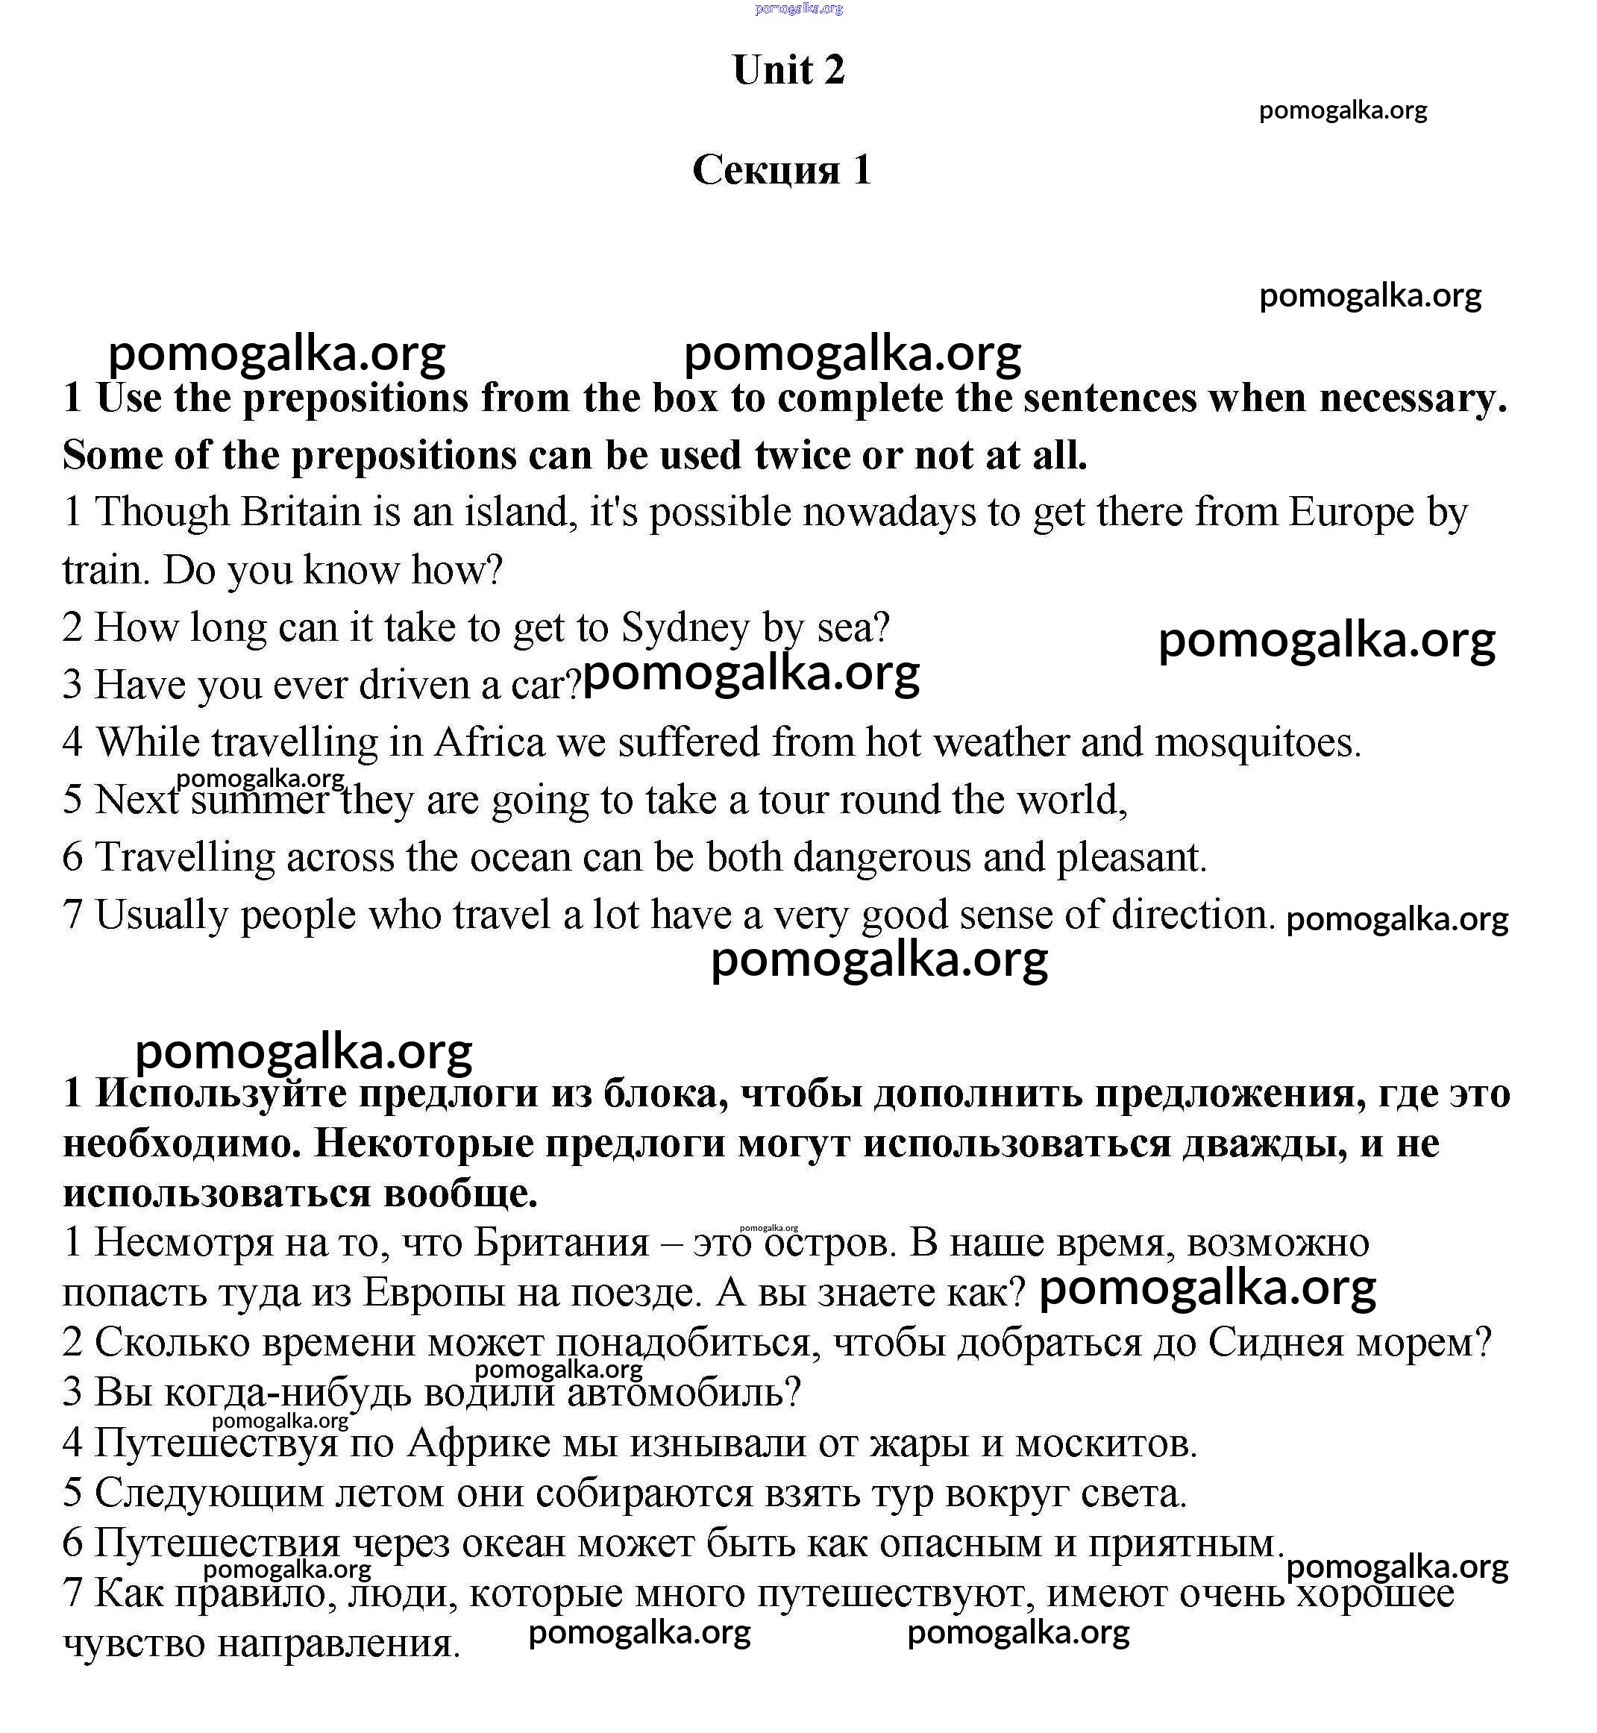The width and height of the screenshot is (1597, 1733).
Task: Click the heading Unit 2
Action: pos(788,70)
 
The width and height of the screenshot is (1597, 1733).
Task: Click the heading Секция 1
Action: pos(781,169)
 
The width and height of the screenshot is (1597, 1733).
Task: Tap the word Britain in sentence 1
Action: pos(300,513)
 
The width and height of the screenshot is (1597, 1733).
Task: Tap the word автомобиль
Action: pos(683,1391)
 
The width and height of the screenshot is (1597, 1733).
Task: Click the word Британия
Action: pos(562,1242)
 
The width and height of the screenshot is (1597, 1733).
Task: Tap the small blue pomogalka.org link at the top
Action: pos(797,9)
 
